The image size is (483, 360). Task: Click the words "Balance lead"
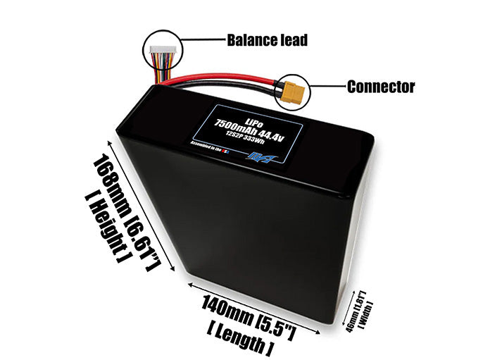click(267, 39)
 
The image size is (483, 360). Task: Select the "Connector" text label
click(381, 87)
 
